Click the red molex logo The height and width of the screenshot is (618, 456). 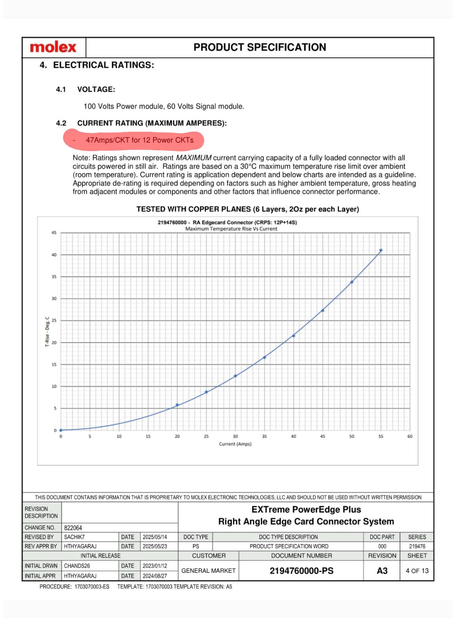(53, 47)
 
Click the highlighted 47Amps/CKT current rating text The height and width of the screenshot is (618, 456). (139, 140)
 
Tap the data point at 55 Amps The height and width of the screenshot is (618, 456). (381, 251)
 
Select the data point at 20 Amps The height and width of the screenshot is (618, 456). (177, 405)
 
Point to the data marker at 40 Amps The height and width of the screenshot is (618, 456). (293, 336)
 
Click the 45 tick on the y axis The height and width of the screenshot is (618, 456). (54, 233)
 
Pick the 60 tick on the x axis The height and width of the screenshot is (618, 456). (410, 437)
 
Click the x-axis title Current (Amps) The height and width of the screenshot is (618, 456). (235, 444)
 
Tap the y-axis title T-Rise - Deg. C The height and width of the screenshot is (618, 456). (47, 332)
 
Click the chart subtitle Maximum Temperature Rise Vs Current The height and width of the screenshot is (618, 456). (231, 229)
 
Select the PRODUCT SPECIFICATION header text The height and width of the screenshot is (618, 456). (260, 47)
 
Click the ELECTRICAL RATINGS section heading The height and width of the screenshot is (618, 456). (103, 65)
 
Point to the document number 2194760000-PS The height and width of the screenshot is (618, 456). (301, 571)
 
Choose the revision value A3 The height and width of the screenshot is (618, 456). (382, 571)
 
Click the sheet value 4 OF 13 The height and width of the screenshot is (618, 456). (417, 571)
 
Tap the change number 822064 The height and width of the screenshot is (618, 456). (73, 528)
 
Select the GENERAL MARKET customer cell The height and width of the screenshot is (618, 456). (209, 571)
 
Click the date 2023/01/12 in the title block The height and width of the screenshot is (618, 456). (155, 566)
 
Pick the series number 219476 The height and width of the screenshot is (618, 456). (417, 546)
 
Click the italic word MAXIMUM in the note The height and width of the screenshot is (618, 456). (194, 158)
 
